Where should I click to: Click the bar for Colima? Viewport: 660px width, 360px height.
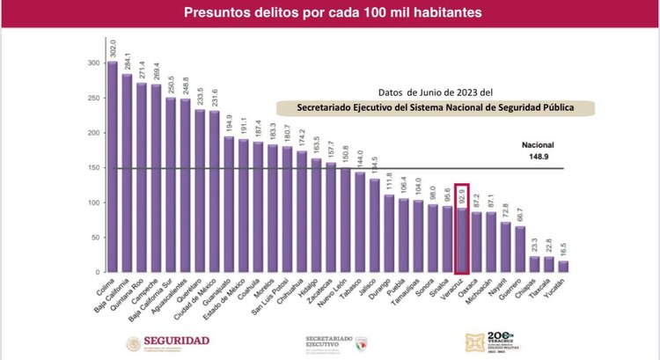point(112,167)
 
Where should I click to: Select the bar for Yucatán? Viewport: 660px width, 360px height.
point(562,267)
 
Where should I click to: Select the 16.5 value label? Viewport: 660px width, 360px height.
point(562,248)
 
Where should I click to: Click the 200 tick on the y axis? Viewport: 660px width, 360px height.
point(92,133)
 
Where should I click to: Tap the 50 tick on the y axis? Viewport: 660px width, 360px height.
point(94,238)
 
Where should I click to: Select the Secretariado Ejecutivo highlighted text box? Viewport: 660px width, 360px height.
point(435,108)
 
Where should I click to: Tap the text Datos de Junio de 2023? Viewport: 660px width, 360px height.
point(435,92)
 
